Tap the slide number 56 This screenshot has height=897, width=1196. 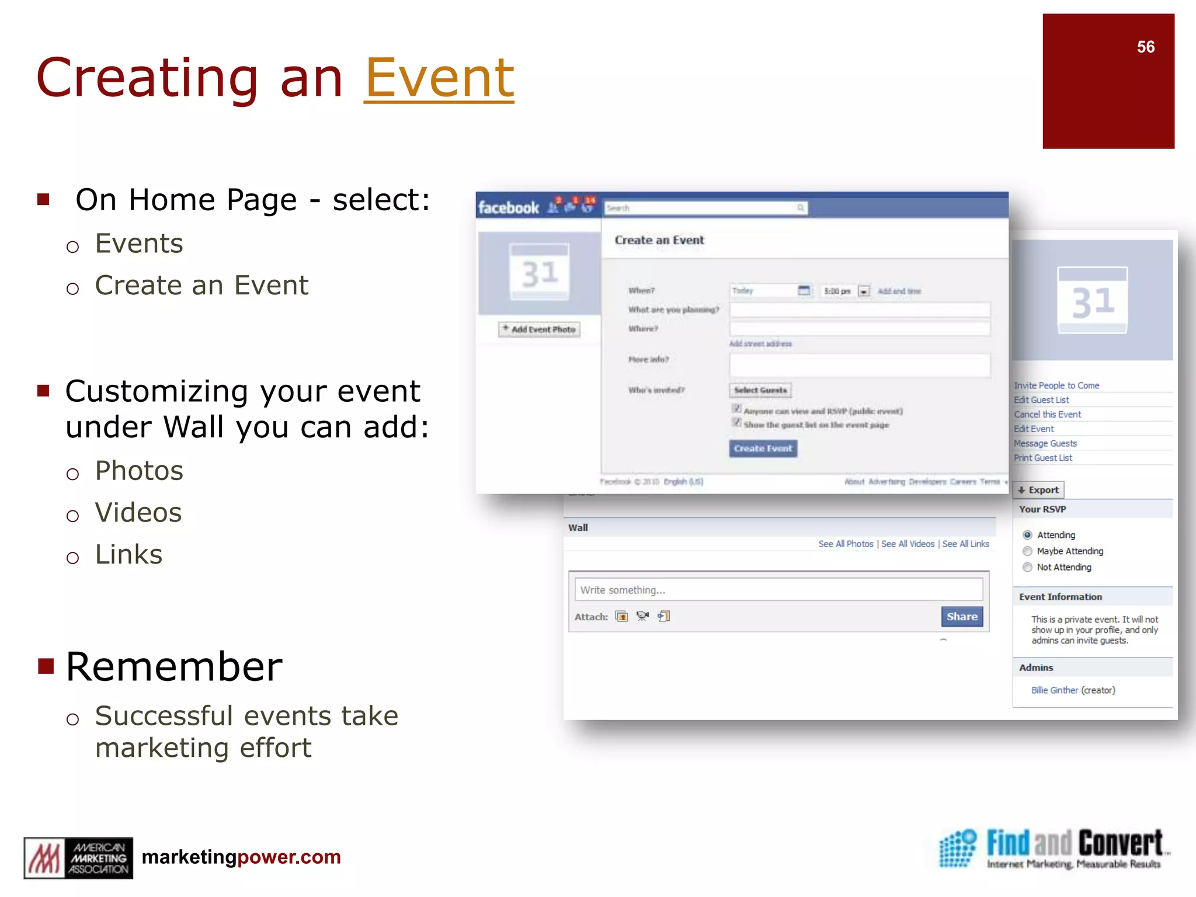1145,47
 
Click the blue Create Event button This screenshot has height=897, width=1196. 763,448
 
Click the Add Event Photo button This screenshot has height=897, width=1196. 539,329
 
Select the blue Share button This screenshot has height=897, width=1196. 961,617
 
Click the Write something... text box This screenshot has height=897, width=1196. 778,590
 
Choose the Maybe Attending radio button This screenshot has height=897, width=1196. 1027,551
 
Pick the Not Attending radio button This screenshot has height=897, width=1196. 1027,568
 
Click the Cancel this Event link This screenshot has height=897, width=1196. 1047,415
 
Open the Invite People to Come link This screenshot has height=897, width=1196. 1056,385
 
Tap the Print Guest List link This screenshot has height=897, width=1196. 1042,458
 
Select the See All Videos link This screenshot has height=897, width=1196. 908,544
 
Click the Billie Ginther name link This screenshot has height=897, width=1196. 1054,690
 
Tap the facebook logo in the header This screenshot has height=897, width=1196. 508,208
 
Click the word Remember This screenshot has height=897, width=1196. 174,667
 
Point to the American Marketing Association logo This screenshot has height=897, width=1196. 78,858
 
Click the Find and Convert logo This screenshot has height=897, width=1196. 1054,849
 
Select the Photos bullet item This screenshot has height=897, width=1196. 139,471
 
